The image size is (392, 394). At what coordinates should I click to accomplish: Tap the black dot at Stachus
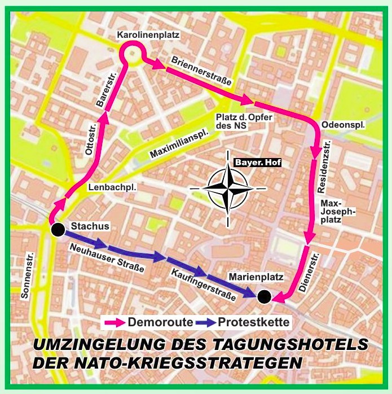point(56,230)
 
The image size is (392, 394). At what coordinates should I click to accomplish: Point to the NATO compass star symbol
point(228,188)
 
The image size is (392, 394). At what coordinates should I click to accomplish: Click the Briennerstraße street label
point(202,71)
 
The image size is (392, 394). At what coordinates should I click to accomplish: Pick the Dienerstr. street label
point(309,273)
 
